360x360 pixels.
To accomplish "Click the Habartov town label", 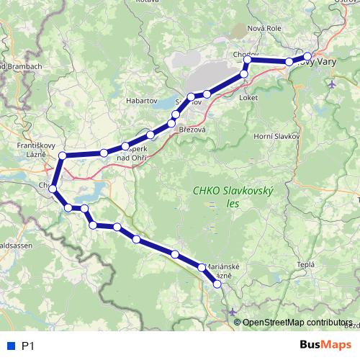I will click(x=141, y=102).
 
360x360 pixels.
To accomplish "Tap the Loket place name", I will click(x=248, y=97).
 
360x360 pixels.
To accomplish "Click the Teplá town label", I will click(x=306, y=264).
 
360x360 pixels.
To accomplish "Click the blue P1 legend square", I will click(x=9, y=346).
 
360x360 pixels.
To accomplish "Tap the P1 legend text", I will click(x=28, y=346).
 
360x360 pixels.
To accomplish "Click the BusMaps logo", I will click(x=325, y=345).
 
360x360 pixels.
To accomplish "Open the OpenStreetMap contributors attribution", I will click(x=296, y=322).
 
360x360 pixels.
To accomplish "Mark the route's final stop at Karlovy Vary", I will click(x=307, y=55).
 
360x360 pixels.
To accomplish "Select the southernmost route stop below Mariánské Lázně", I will click(x=217, y=284).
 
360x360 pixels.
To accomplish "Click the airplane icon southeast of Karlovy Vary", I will click(x=331, y=84).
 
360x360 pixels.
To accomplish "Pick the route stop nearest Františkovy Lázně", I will click(x=63, y=156).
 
